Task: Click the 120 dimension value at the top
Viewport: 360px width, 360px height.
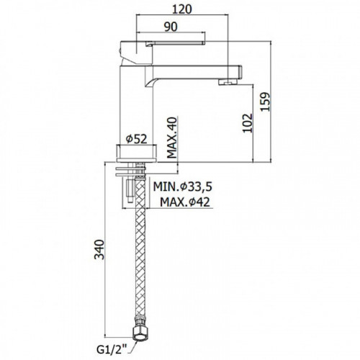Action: (182, 9)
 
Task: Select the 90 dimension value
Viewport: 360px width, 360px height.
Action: (171, 27)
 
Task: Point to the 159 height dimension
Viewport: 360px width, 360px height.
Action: (266, 102)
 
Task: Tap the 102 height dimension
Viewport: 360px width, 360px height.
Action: (248, 123)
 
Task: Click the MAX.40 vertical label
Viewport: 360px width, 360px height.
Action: (172, 138)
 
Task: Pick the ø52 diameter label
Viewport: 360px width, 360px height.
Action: (136, 139)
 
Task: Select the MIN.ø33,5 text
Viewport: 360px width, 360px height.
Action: (183, 186)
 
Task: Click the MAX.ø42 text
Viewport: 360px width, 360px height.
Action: (185, 202)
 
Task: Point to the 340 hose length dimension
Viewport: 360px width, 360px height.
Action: (99, 249)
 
